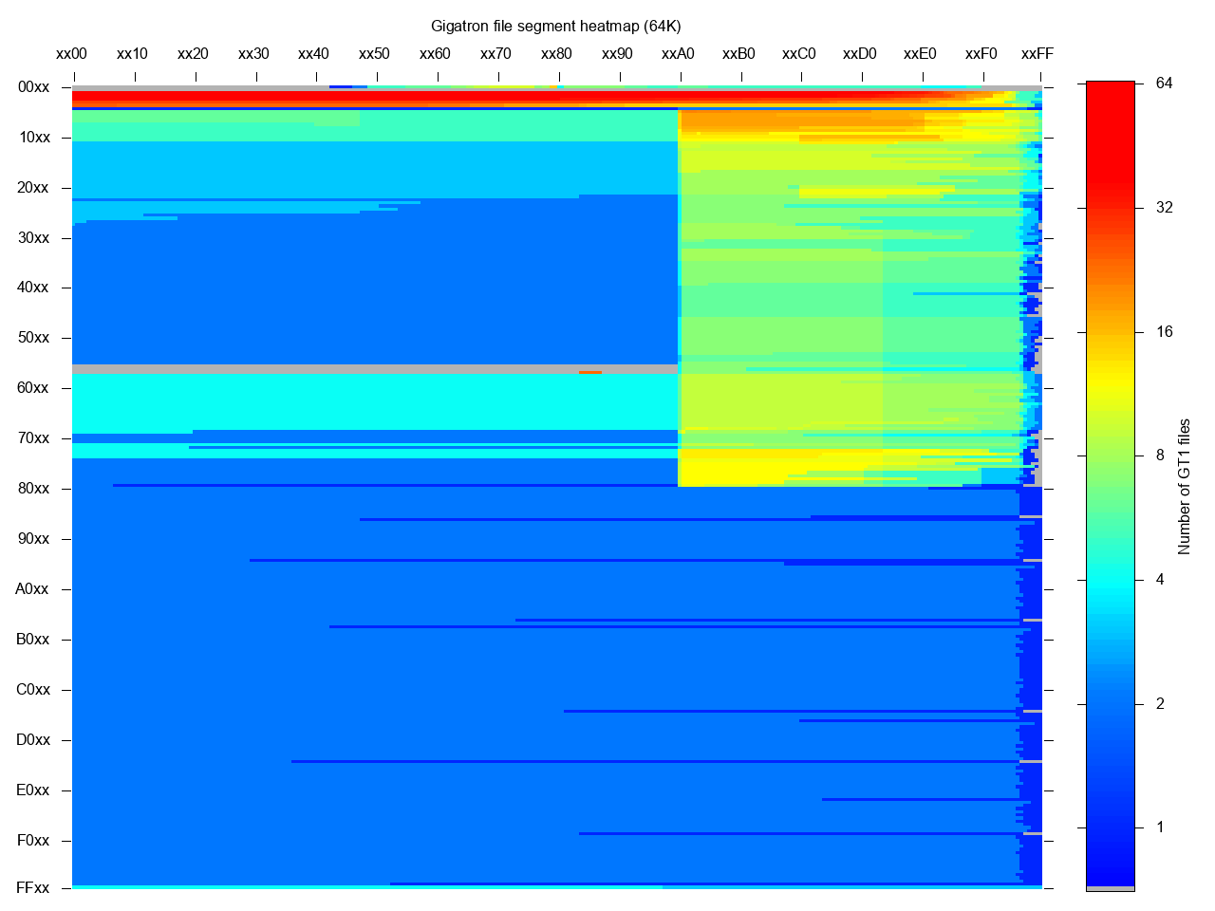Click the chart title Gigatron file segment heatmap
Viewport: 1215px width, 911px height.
pyautogui.click(x=555, y=26)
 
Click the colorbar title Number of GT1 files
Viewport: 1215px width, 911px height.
pyautogui.click(x=1184, y=486)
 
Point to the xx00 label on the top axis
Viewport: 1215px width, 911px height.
pyautogui.click(x=71, y=54)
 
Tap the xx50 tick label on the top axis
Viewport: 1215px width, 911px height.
pyautogui.click(x=374, y=54)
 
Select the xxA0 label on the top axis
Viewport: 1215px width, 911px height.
pyautogui.click(x=678, y=54)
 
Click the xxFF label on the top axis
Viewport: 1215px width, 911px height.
pyautogui.click(x=1037, y=54)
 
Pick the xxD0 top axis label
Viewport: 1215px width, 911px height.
pyautogui.click(x=859, y=54)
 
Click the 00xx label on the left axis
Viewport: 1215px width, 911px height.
pyautogui.click(x=33, y=87)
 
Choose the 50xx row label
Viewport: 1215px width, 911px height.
pyautogui.click(x=33, y=338)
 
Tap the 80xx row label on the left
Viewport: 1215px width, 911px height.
pyautogui.click(x=33, y=489)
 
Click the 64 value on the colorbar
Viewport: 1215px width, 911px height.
pyautogui.click(x=1164, y=84)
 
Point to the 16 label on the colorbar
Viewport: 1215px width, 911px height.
pyautogui.click(x=1164, y=332)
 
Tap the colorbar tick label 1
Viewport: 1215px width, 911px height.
pyautogui.click(x=1160, y=827)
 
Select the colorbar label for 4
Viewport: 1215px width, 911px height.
pyautogui.click(x=1160, y=580)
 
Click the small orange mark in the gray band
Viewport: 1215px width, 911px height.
pyautogui.click(x=589, y=372)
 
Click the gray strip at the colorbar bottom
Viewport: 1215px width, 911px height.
pyautogui.click(x=1110, y=888)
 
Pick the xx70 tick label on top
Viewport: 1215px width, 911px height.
pyautogui.click(x=495, y=54)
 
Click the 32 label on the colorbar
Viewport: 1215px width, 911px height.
pyautogui.click(x=1164, y=208)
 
